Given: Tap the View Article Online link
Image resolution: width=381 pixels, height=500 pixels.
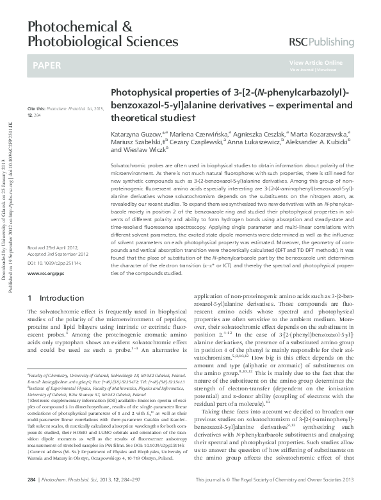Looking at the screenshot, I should [x=316, y=62].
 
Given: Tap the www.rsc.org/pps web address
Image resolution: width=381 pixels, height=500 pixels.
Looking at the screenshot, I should [x=44, y=274].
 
